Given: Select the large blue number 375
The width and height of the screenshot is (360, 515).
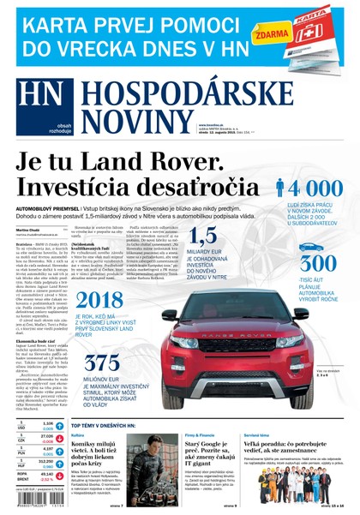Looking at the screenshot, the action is tap(121, 363).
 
